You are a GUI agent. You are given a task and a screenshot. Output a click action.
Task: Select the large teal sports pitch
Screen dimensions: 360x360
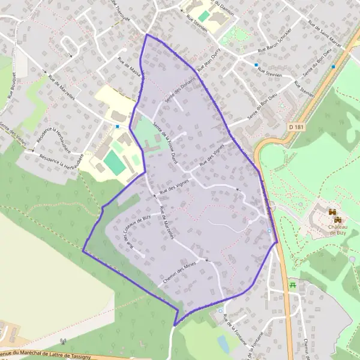(113, 163)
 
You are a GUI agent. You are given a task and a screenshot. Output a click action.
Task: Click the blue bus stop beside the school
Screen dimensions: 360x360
(118, 127)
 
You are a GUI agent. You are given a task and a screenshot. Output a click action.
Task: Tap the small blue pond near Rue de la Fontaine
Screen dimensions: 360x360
(223, 344)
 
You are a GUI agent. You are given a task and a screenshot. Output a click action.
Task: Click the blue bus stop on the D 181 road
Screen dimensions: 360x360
(269, 231)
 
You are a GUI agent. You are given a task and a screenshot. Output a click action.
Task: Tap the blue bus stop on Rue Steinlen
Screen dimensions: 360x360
(256, 65)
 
